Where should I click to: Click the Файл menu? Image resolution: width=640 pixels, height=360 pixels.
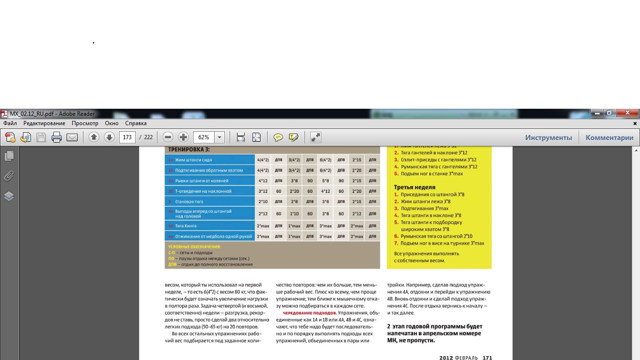(10, 123)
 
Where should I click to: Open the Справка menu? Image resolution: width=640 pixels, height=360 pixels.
(136, 123)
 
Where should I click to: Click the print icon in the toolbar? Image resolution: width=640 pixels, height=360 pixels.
(57, 137)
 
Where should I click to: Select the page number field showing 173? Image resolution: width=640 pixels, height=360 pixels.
(127, 137)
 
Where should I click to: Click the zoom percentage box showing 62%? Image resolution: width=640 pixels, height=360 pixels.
(204, 137)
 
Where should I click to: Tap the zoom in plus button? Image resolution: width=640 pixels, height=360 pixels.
(184, 137)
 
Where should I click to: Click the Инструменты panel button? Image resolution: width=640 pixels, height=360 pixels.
(548, 137)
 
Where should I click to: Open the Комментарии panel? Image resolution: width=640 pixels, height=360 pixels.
(609, 137)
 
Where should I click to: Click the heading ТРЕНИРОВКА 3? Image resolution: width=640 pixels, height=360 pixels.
(189, 150)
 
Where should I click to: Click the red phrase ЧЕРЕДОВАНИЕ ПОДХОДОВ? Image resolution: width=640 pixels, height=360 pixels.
(309, 313)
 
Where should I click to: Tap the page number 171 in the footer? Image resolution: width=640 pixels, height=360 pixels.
(487, 358)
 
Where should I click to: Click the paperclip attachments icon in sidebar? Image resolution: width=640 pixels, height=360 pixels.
(9, 176)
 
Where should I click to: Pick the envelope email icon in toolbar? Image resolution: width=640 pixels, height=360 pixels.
(72, 137)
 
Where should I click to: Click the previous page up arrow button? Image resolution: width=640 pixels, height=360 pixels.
(94, 137)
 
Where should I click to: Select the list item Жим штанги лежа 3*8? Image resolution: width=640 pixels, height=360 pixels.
(425, 202)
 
